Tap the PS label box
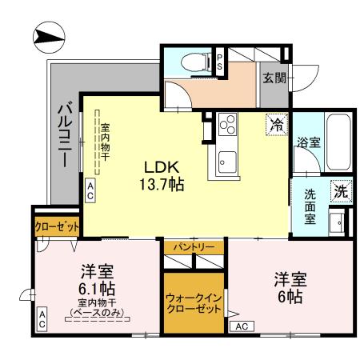coord(221,63)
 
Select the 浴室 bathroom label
coord(310,142)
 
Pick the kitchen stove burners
coord(227,126)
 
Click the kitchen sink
coord(227,157)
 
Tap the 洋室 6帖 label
coord(289,289)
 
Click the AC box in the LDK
coord(90,190)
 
